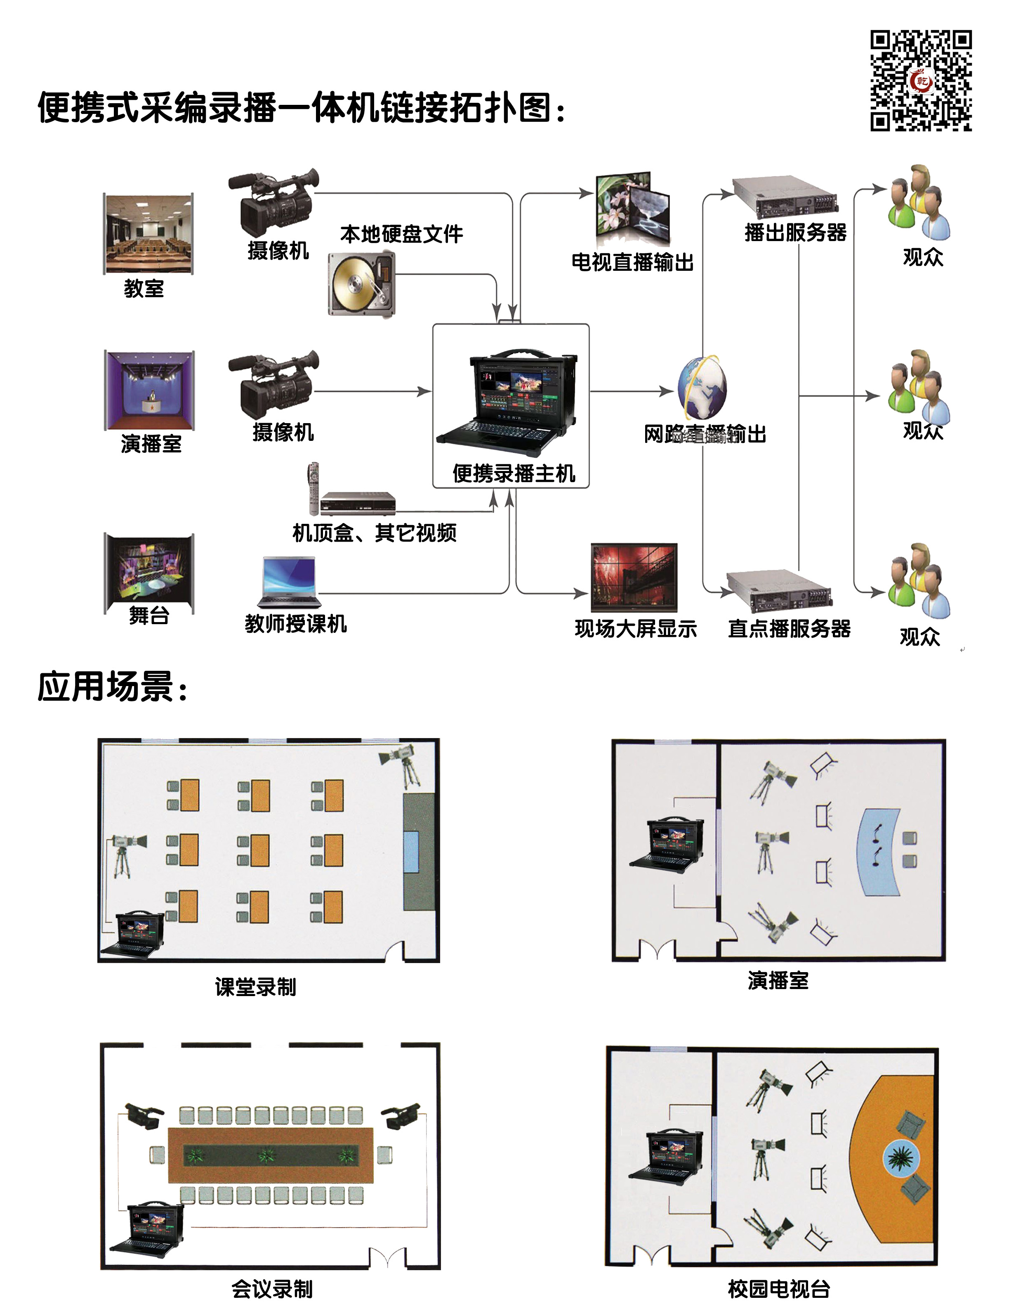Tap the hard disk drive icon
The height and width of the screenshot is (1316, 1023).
[x=361, y=284]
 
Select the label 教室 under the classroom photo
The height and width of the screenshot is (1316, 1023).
[x=144, y=289]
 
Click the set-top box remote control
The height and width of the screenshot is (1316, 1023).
[x=313, y=488]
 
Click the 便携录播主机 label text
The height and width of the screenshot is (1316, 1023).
[x=514, y=473]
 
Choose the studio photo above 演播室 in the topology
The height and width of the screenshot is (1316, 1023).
[x=149, y=390]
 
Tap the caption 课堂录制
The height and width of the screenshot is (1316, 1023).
[x=255, y=987]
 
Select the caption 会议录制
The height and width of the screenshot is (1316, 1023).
[x=272, y=1289]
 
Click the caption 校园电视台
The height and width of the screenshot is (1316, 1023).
[x=778, y=1289]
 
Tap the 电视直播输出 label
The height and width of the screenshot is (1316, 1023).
[x=632, y=262]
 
